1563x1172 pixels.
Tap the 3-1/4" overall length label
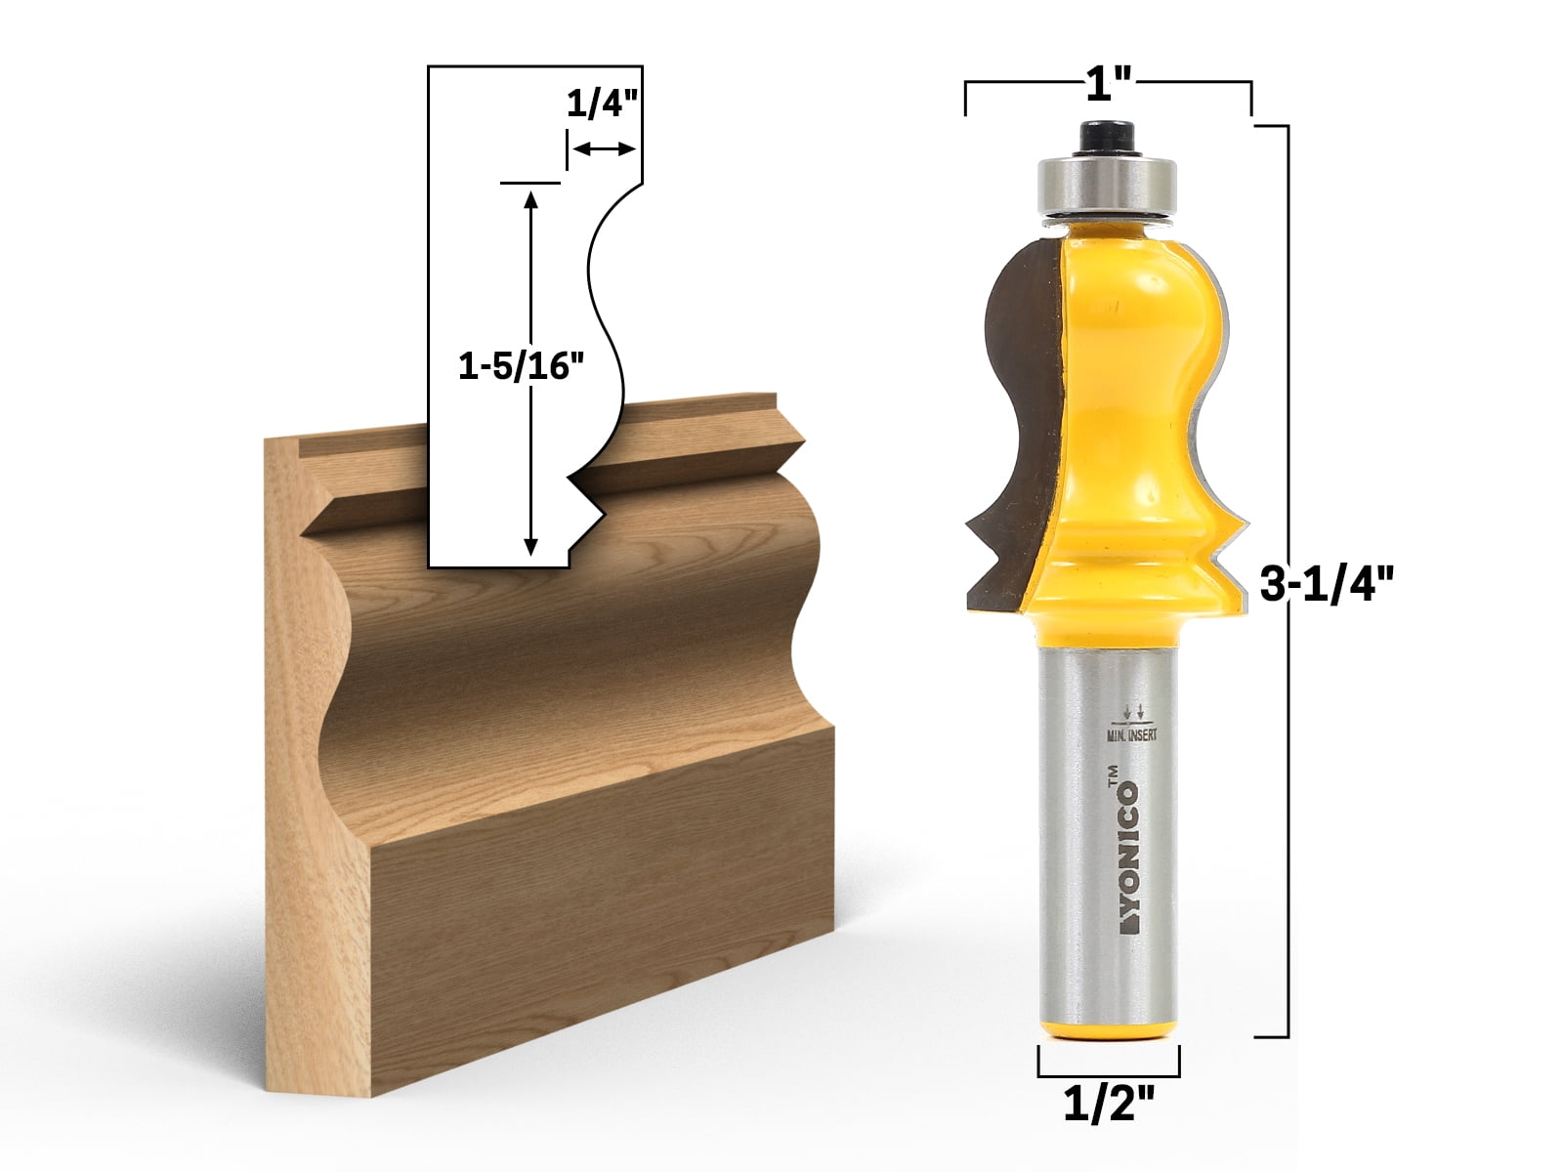pos(1325,588)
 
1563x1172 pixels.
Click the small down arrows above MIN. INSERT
pos(1133,710)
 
